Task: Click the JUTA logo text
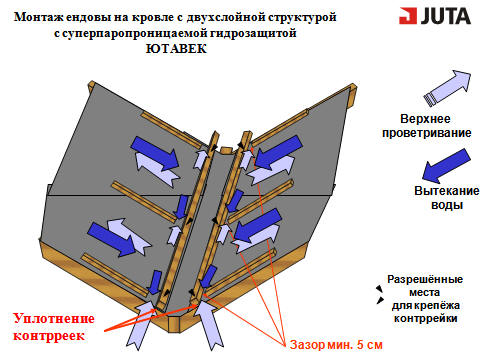[x=446, y=16]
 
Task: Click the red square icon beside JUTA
[x=407, y=16]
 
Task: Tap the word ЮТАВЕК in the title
[x=176, y=49]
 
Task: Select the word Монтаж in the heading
[x=38, y=17]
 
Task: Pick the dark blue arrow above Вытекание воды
[x=446, y=165]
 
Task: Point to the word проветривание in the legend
[x=427, y=133]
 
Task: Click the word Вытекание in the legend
[x=447, y=191]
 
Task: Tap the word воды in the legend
[x=447, y=204]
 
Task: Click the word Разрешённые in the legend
[x=425, y=279]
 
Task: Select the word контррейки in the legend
[x=425, y=318]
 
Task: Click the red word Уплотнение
[x=54, y=319]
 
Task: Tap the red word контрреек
[x=49, y=335]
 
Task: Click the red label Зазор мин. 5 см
[x=336, y=344]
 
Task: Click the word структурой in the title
[x=302, y=17]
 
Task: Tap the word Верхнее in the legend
[x=425, y=119]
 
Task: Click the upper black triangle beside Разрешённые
[x=379, y=288]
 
